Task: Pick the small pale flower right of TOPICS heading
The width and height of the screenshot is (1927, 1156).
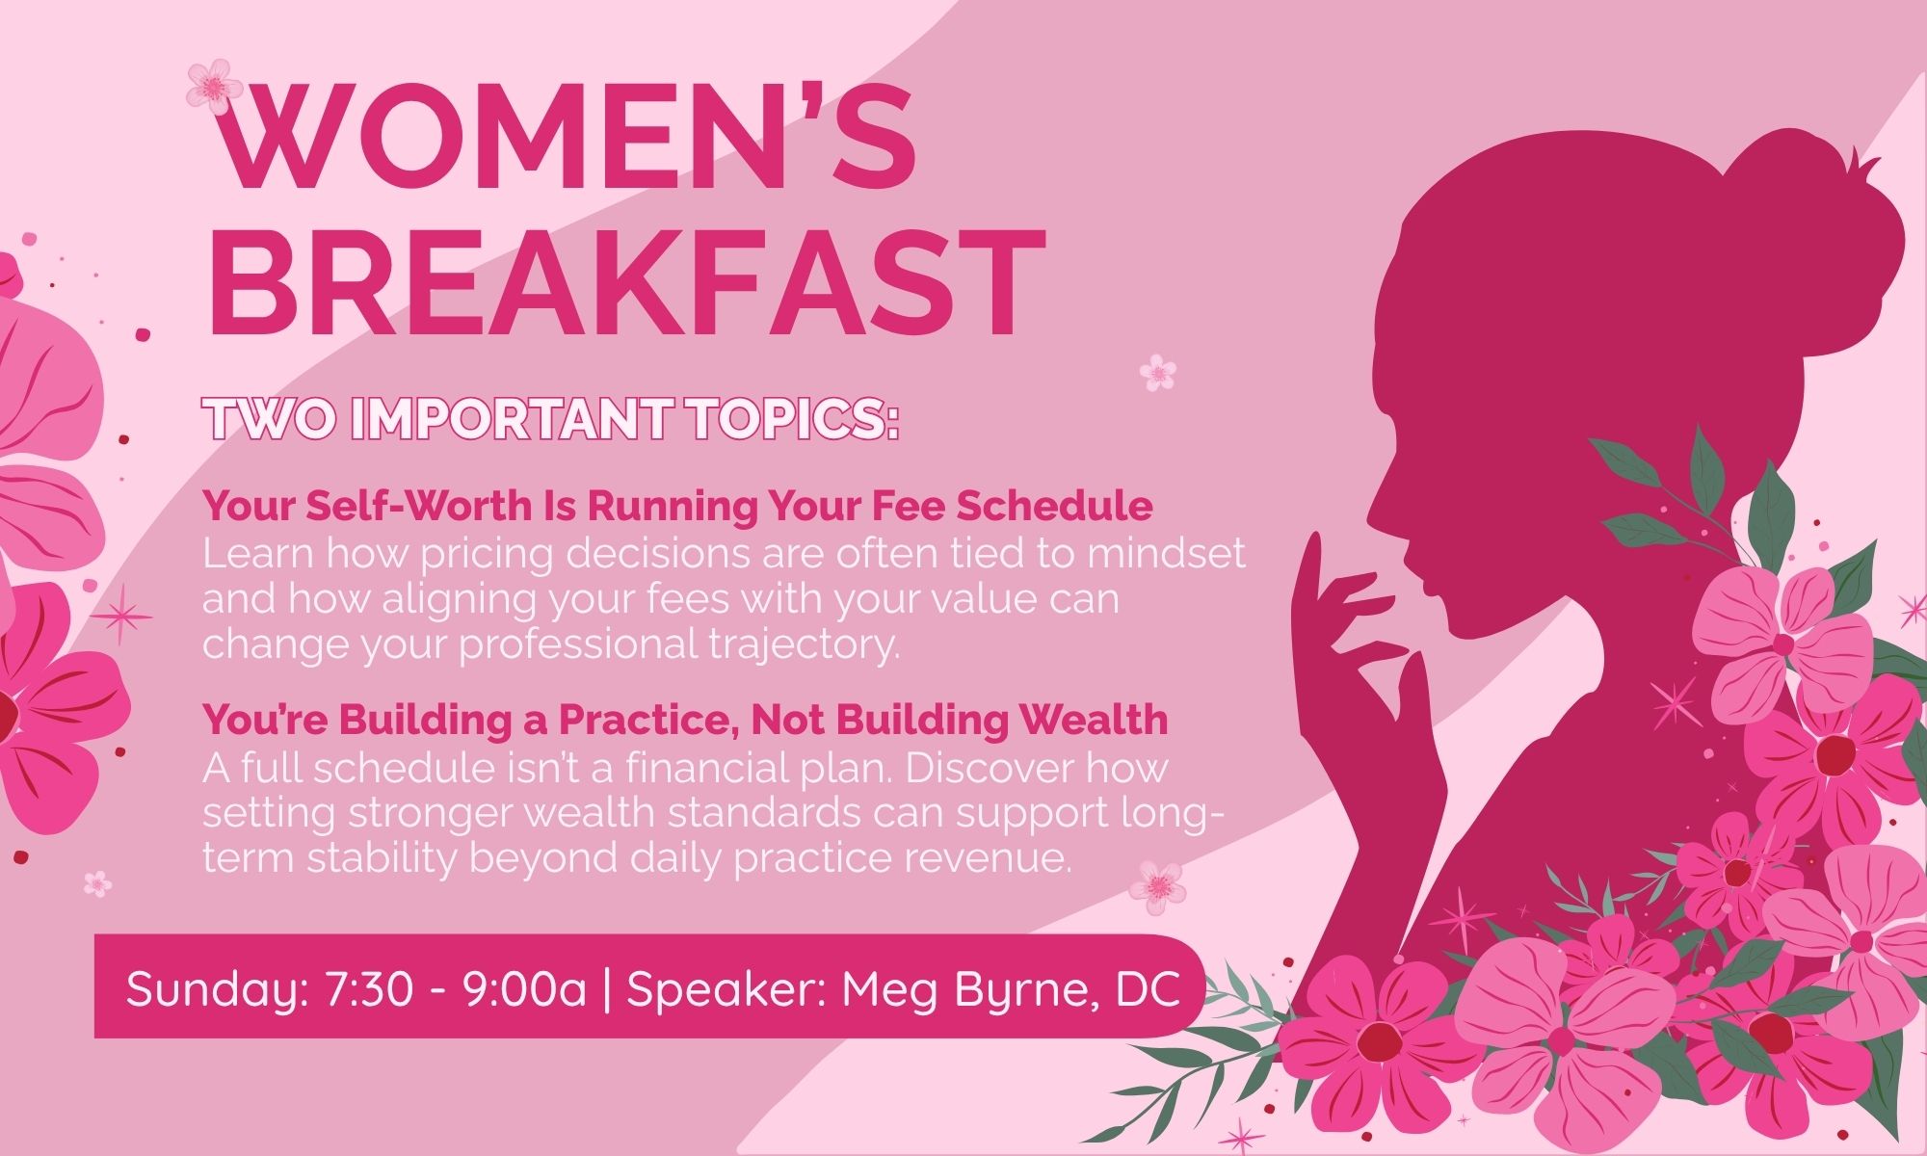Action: tap(1157, 371)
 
